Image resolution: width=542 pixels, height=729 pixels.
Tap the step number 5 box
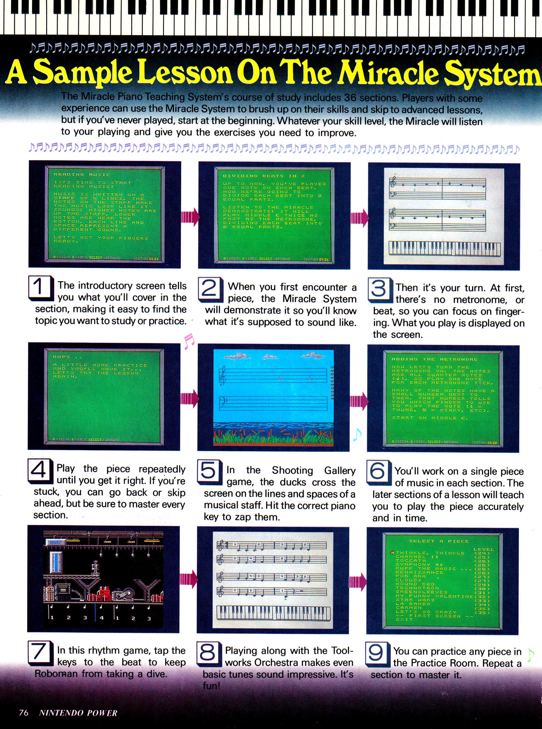pos(209,471)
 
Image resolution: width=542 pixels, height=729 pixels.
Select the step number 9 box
pos(377,653)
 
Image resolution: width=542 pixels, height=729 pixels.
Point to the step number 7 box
pos(39,652)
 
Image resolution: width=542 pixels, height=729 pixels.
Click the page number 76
pos(24,712)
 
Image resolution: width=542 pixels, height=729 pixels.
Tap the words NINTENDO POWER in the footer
pos(78,713)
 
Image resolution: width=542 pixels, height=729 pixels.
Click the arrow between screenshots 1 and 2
pos(190,217)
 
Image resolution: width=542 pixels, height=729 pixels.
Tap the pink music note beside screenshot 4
pos(189,341)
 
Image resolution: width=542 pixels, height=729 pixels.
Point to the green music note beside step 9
pos(531,655)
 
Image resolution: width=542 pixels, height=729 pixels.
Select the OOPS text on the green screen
pos(61,357)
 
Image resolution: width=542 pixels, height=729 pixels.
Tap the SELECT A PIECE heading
pos(438,541)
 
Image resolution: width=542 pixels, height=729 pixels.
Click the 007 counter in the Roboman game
pos(56,542)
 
